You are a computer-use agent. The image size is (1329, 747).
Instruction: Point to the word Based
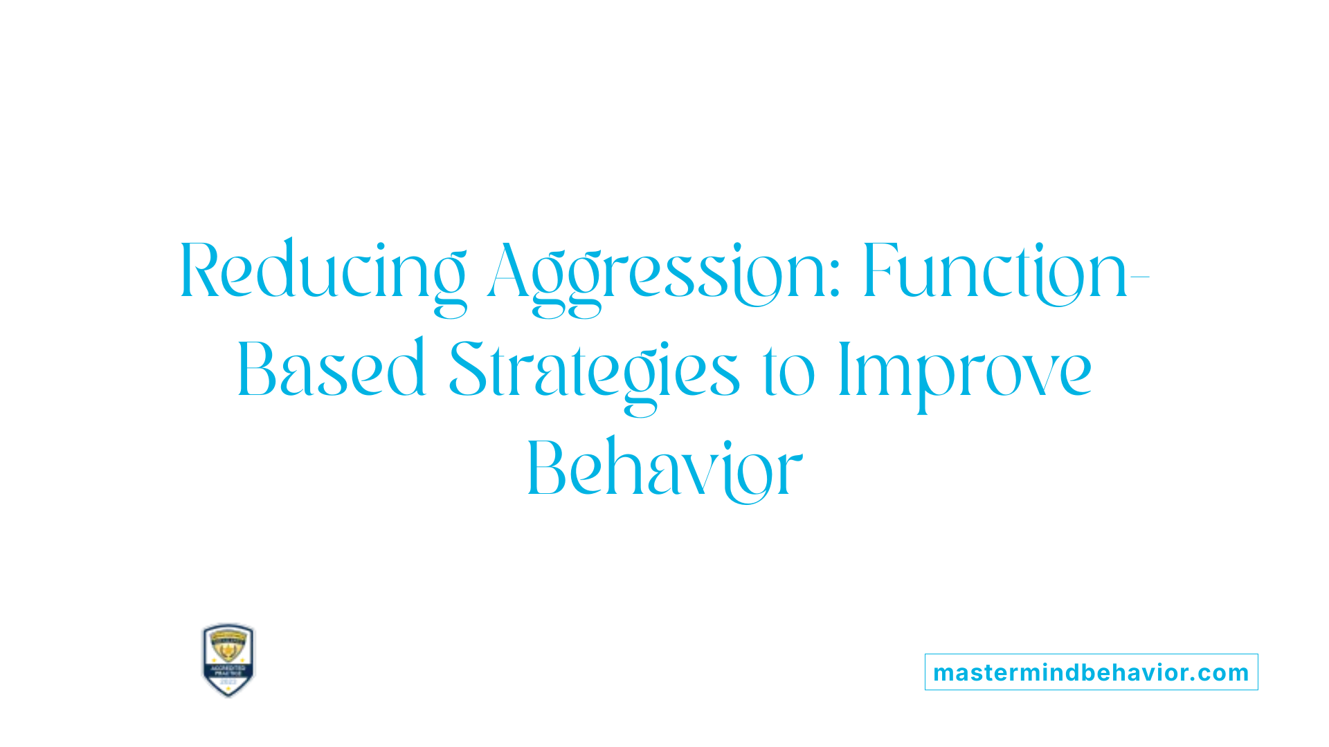pos(331,370)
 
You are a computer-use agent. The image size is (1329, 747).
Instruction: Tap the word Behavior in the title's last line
pos(664,470)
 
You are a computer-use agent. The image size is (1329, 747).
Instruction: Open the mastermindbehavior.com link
pos(1091,672)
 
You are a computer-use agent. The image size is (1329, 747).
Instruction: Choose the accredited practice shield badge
pos(228,660)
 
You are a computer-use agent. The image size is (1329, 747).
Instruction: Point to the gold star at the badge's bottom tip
pos(228,691)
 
